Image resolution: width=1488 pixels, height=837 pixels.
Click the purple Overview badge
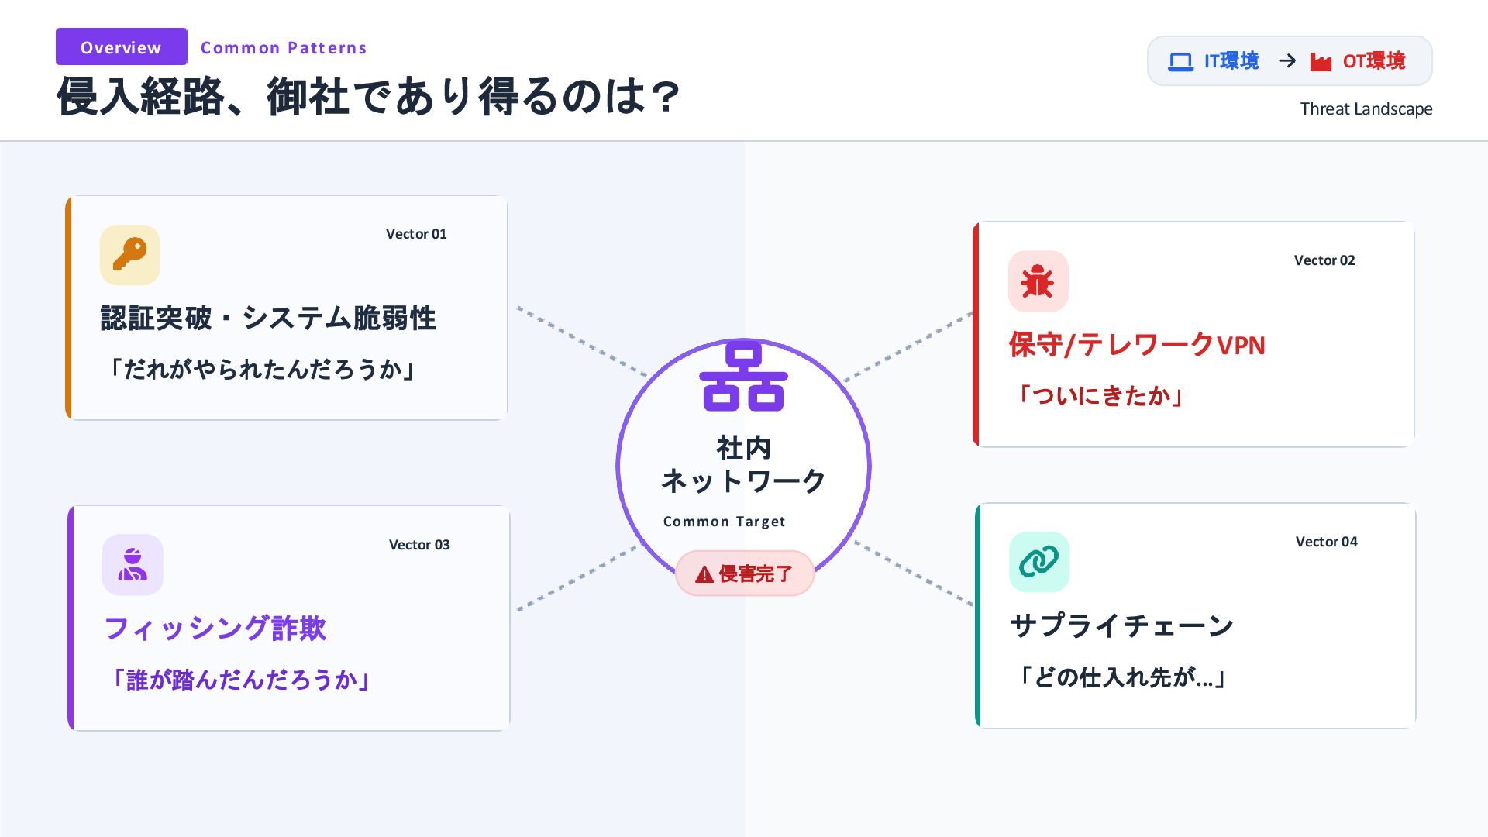point(121,47)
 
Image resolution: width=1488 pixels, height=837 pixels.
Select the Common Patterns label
point(284,48)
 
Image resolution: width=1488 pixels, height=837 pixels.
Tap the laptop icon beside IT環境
point(1180,61)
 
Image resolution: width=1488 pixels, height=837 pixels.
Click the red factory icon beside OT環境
point(1321,61)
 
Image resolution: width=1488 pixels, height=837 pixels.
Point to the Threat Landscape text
point(1366,109)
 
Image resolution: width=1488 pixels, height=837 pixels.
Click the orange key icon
point(129,255)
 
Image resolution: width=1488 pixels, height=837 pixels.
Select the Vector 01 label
point(416,234)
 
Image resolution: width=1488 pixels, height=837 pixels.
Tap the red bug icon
point(1038,281)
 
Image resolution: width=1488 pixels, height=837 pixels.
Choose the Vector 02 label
point(1324,260)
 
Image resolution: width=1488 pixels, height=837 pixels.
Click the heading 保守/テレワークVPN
point(1136,345)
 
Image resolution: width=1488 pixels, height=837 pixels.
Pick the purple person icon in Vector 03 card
point(133,564)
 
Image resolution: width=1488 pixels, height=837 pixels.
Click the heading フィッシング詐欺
point(215,629)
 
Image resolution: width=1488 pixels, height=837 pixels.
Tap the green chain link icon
point(1038,561)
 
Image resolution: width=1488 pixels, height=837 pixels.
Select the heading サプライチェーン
point(1121,625)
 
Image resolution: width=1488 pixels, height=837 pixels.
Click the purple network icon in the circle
point(743,377)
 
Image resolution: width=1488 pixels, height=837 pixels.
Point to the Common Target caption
point(724,522)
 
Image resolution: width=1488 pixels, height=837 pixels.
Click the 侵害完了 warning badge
point(744,573)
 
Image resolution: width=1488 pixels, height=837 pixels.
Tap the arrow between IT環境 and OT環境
point(1287,61)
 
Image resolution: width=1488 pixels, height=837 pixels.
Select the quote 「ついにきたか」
point(1099,396)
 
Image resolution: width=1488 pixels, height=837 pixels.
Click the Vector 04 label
point(1326,542)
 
